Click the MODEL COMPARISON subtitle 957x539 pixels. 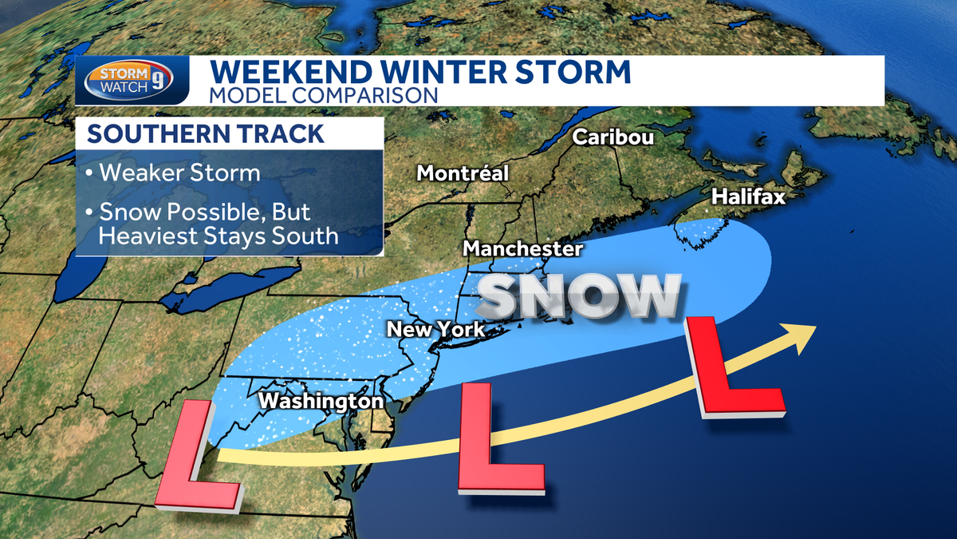click(324, 94)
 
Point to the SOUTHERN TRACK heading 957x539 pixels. click(206, 134)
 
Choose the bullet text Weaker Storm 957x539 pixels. click(174, 173)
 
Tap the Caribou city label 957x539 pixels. click(613, 137)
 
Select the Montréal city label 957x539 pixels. click(463, 172)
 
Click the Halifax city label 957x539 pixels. click(748, 196)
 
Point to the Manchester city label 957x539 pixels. click(523, 248)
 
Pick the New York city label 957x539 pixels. click(435, 329)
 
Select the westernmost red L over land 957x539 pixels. click(195, 459)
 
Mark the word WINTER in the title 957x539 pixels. click(450, 72)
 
